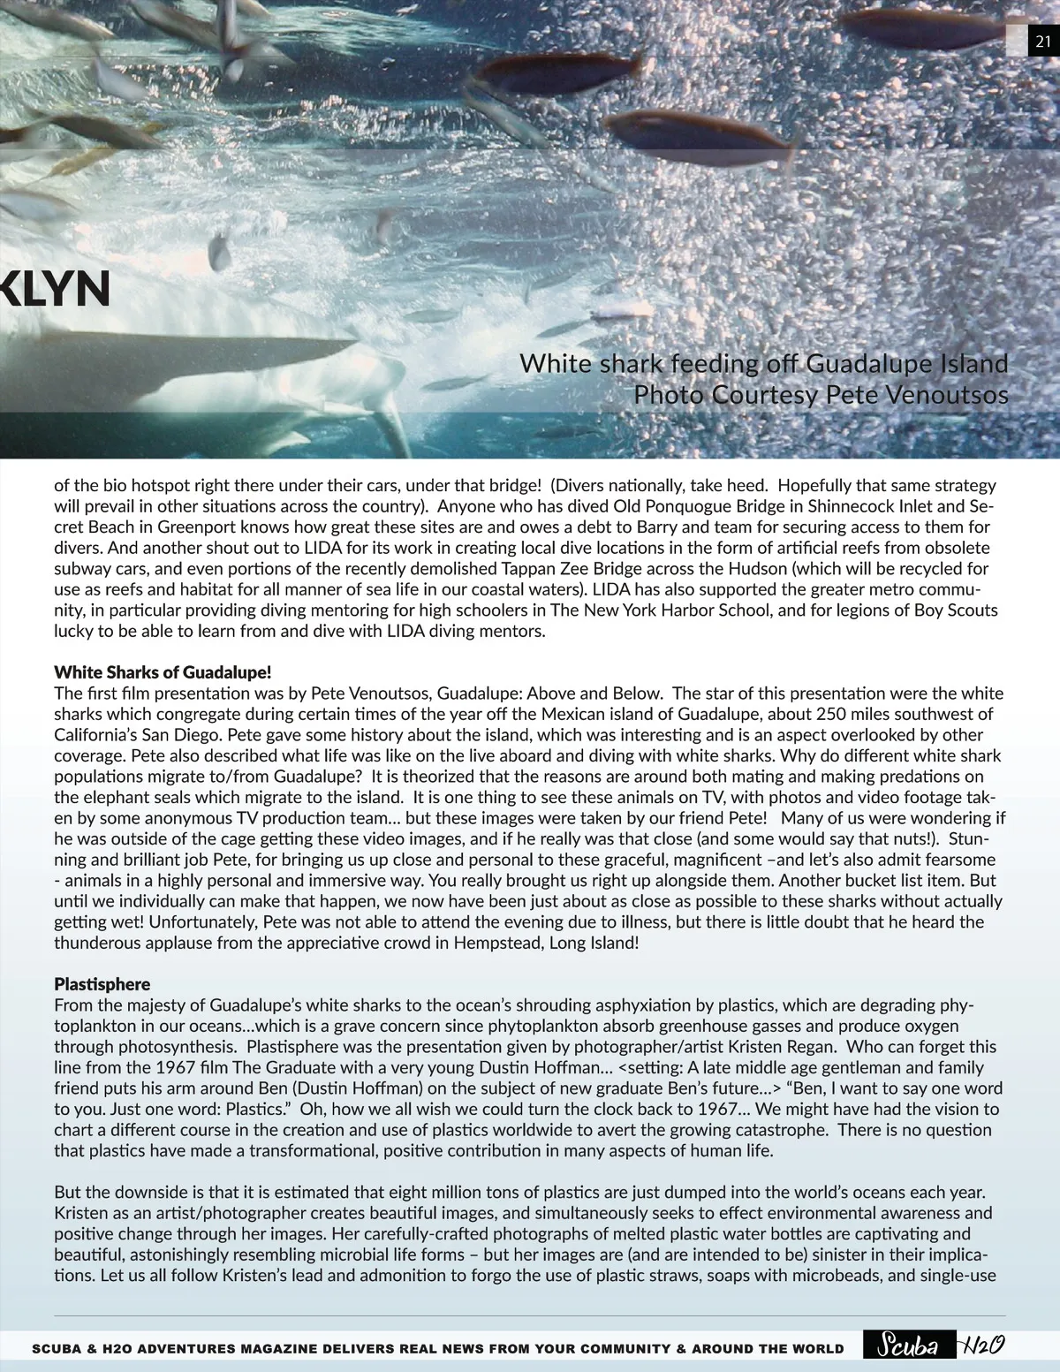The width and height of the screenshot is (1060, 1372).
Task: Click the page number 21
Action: (1043, 42)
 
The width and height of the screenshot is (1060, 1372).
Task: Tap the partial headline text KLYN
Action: (55, 289)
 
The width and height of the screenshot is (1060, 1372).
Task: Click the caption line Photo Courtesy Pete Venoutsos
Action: (821, 395)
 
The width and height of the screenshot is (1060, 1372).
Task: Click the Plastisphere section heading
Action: (102, 984)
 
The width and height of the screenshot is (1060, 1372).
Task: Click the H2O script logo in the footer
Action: (983, 1345)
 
